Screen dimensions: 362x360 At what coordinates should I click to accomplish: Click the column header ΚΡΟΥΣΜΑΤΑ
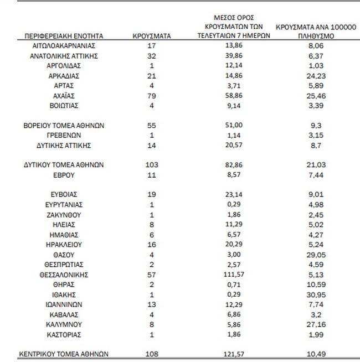tap(152, 36)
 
